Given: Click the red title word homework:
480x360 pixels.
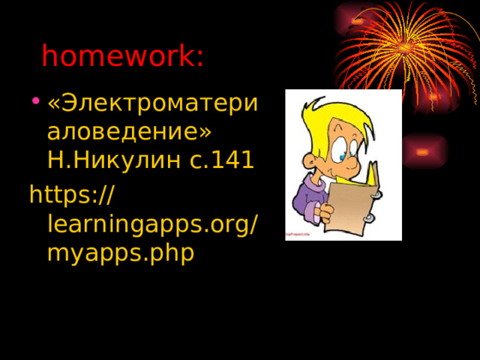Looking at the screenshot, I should [x=122, y=56].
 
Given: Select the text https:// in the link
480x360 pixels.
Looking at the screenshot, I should [x=71, y=196].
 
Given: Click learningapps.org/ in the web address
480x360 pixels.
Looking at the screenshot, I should [x=153, y=223].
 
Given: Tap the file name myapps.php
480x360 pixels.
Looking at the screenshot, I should [x=120, y=252].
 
